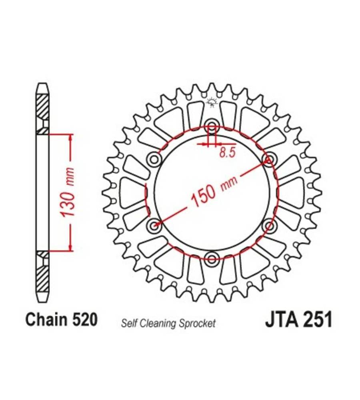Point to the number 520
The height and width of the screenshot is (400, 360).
tap(85, 319)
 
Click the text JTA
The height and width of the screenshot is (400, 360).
tap(282, 319)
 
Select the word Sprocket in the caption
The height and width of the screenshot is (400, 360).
tap(197, 324)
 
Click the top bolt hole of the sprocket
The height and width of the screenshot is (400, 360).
tap(212, 125)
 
